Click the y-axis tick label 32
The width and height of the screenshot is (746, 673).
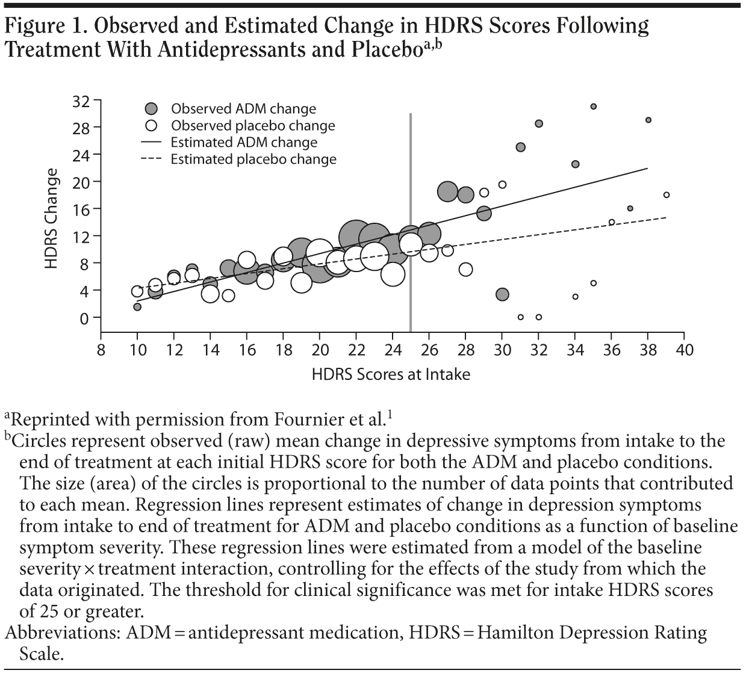pos(81,101)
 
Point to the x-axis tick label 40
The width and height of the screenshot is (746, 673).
pos(685,350)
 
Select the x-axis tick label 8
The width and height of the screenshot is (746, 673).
pos(101,350)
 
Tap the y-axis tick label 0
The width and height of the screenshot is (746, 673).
pos(85,318)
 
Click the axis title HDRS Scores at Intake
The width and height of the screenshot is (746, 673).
pos(391,374)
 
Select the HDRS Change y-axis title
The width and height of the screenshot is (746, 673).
pos(52,219)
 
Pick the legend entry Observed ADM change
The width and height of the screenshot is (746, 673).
pos(243,109)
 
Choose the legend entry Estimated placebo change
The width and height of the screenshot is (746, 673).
pos(253,160)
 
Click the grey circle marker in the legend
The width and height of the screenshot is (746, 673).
pos(152,109)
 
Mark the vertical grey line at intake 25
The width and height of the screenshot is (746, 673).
pos(411,223)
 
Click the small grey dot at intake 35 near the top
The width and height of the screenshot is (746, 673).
pos(593,107)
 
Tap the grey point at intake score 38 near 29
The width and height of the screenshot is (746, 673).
pos(648,120)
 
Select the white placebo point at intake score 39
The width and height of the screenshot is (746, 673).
pos(667,195)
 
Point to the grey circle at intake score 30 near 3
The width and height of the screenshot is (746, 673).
pos(502,294)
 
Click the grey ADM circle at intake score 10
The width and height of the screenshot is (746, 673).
pos(137,307)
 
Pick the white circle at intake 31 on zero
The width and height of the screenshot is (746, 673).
pos(521,317)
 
